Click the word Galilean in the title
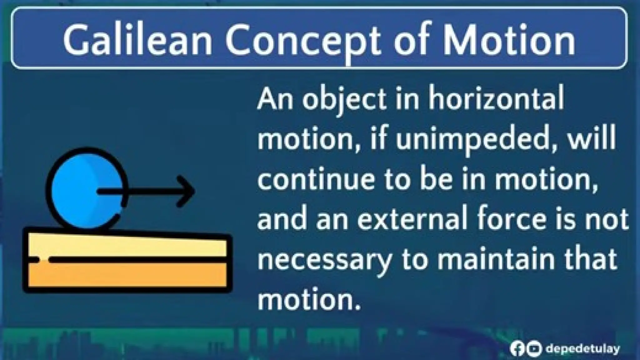tap(137, 40)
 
